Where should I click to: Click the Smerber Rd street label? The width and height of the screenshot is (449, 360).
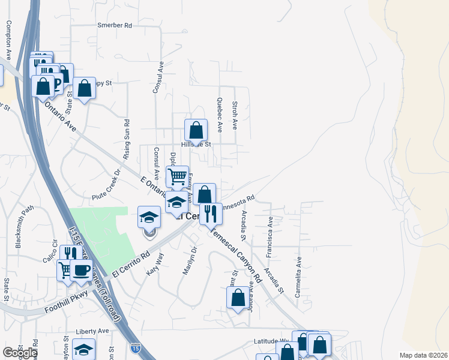pyautogui.click(x=114, y=26)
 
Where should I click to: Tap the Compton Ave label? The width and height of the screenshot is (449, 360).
pyautogui.click(x=8, y=40)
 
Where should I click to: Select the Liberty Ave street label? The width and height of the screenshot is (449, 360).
pyautogui.click(x=92, y=331)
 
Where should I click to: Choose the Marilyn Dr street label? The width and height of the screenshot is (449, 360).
pyautogui.click(x=190, y=261)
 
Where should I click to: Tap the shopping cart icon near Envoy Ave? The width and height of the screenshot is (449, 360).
pyautogui.click(x=177, y=176)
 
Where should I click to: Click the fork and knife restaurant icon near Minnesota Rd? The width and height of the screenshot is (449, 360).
pyautogui.click(x=211, y=213)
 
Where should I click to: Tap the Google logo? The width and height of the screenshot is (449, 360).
pyautogui.click(x=19, y=353)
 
